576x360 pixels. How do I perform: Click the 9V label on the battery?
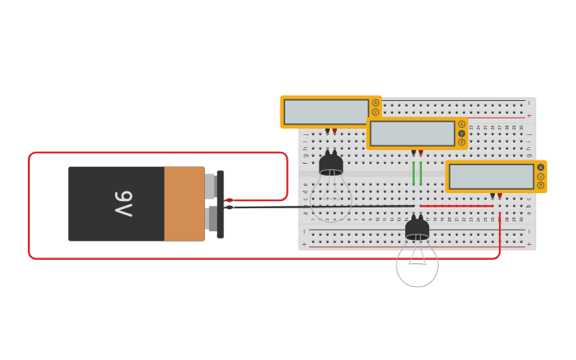coord(123,203)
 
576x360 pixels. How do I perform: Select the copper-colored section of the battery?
coord(184,203)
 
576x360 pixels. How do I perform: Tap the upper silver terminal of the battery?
coord(210,186)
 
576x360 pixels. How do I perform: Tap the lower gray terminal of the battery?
coord(211,219)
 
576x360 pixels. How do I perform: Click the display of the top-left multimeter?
coord(327,112)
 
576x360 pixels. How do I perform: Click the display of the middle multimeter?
coord(412,134)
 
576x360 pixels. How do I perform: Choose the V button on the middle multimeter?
coord(462,134)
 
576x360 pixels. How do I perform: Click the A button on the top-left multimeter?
coord(376,103)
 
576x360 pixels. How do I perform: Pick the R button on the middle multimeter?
coord(462,142)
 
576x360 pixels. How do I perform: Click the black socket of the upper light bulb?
coord(331,165)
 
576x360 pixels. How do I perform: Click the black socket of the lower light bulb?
coord(417,230)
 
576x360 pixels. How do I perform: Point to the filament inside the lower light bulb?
coord(417,257)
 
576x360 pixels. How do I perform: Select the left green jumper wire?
coord(413,173)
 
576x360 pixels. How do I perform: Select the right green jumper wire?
coord(420,173)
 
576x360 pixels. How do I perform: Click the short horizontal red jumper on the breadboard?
coord(456,206)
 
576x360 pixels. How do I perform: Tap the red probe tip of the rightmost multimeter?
coord(500,195)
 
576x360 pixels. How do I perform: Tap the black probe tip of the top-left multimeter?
coord(327,131)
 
